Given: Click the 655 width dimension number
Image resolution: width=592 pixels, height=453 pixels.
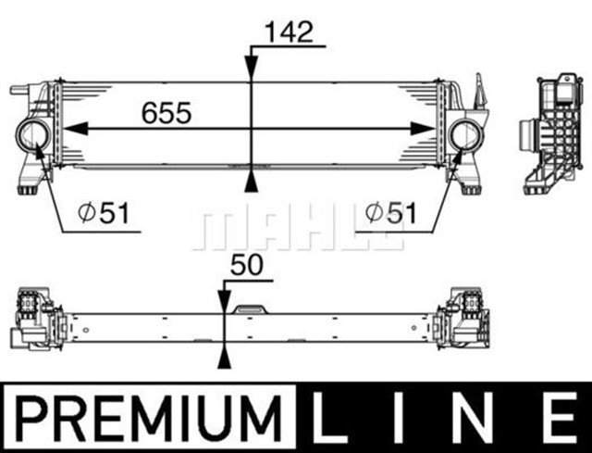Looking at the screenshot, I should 166,113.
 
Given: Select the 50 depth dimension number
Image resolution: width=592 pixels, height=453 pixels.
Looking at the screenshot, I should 248,266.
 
